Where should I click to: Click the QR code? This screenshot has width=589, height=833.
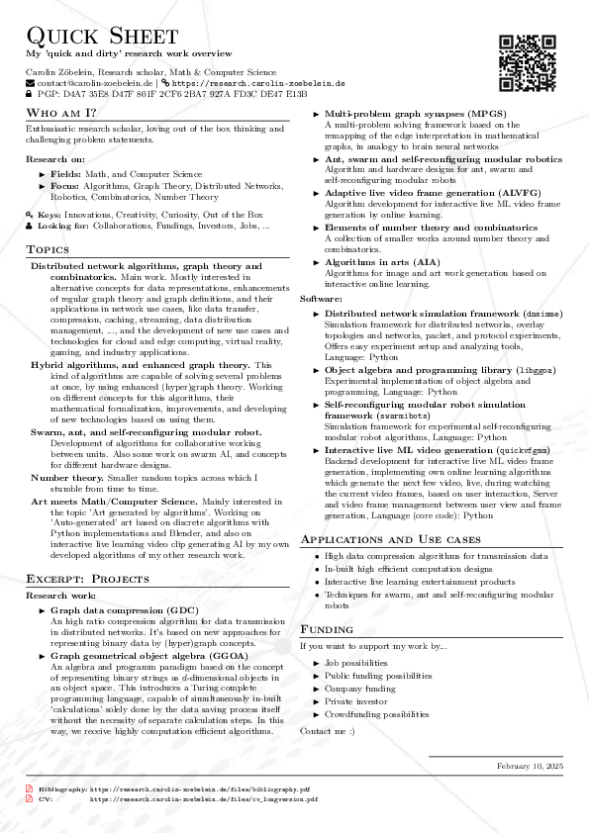(x=526, y=63)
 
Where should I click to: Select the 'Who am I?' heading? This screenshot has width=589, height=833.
(x=61, y=114)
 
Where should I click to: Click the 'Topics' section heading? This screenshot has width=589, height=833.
(x=48, y=248)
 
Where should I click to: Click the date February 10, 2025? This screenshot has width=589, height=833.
(x=530, y=767)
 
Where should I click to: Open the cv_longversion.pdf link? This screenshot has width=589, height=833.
(x=204, y=798)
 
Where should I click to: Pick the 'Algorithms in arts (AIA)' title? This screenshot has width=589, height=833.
(x=383, y=261)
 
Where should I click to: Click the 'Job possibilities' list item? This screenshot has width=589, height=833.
(x=356, y=662)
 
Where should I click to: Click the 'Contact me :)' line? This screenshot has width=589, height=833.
(x=327, y=730)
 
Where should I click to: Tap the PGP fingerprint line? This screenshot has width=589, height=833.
(x=165, y=95)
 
